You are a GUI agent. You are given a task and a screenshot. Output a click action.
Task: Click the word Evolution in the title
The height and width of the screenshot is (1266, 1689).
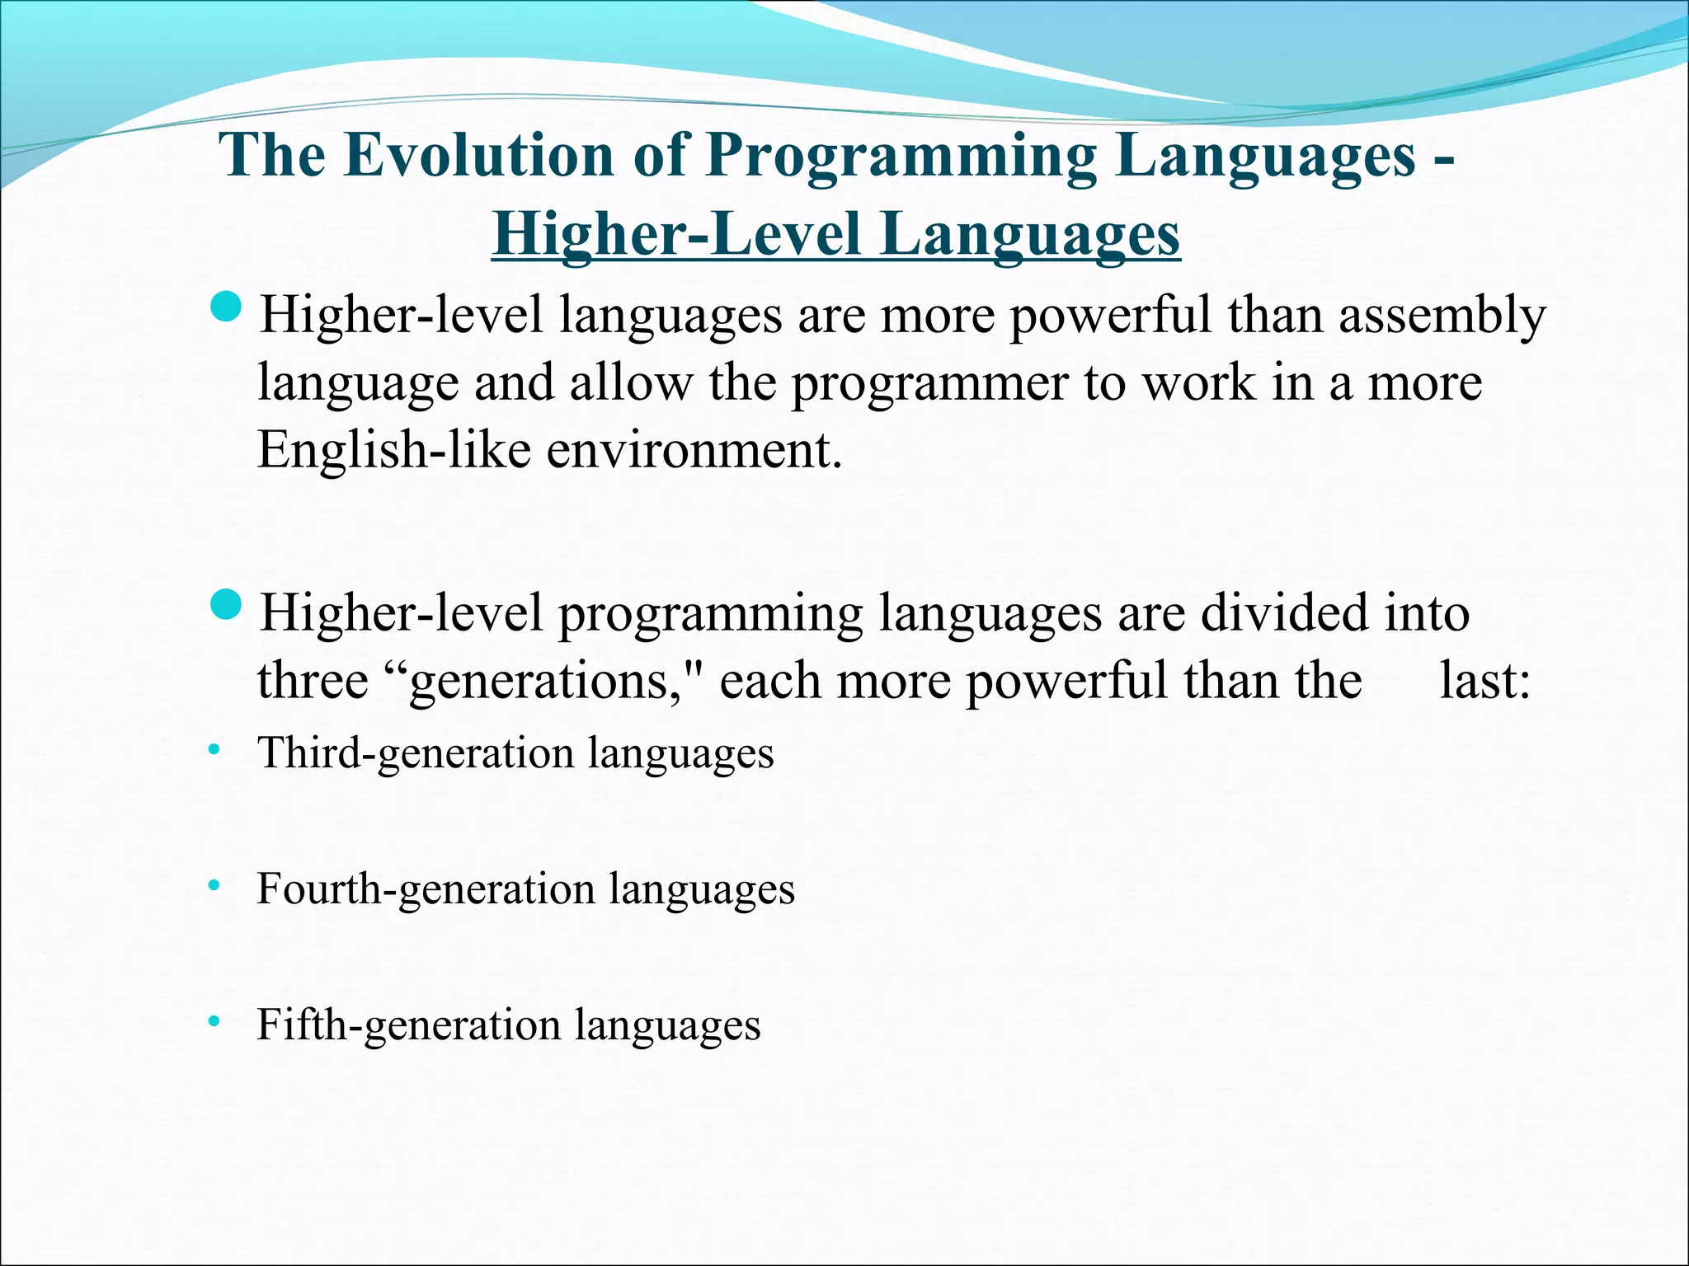click(x=478, y=155)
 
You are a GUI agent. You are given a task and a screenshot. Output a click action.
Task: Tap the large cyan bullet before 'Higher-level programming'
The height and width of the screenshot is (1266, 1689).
click(x=227, y=607)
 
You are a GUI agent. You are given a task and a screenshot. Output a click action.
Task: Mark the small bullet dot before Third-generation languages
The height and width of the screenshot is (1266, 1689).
click(x=214, y=750)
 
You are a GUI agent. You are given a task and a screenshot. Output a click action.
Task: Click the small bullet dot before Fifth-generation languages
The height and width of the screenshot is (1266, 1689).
click(x=214, y=1023)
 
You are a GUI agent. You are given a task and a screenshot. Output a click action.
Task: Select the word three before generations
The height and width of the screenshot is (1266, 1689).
click(x=313, y=682)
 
